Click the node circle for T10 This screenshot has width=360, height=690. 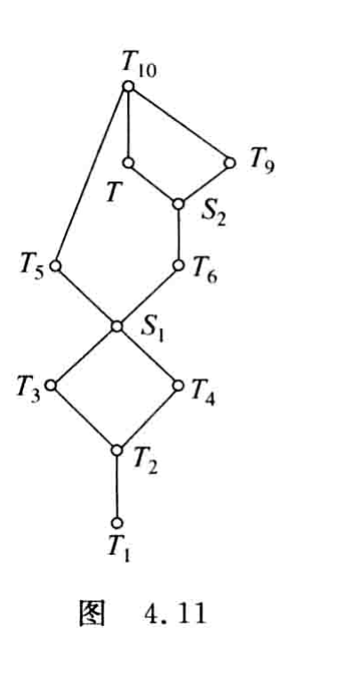(x=128, y=86)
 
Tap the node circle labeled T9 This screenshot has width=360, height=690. (x=229, y=163)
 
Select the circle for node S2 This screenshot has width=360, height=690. (x=179, y=205)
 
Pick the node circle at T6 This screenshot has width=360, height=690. (x=179, y=265)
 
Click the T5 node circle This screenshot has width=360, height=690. (x=55, y=266)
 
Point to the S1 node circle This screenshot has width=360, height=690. (x=116, y=326)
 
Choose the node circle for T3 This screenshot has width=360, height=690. (x=51, y=385)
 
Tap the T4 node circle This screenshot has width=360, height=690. (x=179, y=386)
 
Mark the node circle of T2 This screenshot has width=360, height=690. (x=116, y=450)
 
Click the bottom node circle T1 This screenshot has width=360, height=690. (x=116, y=523)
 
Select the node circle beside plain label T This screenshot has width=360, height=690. (x=128, y=163)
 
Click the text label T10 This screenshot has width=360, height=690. (x=139, y=66)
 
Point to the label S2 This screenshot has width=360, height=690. (x=213, y=213)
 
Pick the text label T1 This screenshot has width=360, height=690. (x=119, y=548)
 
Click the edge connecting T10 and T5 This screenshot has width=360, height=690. (x=92, y=176)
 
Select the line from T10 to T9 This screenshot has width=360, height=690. (x=179, y=124)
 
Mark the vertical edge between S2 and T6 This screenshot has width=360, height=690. (x=179, y=235)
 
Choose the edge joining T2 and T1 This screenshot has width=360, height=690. (x=116, y=486)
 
